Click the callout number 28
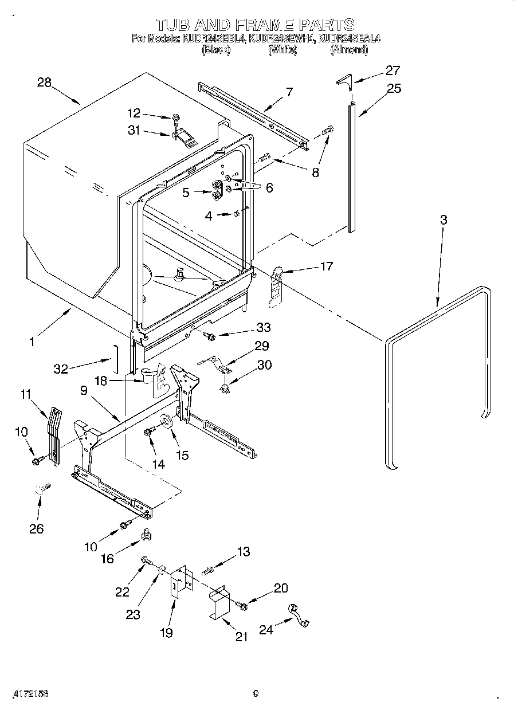(x=44, y=82)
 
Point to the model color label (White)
(x=282, y=50)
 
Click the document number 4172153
(x=29, y=693)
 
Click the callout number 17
(x=326, y=266)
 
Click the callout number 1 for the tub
(x=32, y=342)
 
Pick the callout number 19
(x=167, y=633)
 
